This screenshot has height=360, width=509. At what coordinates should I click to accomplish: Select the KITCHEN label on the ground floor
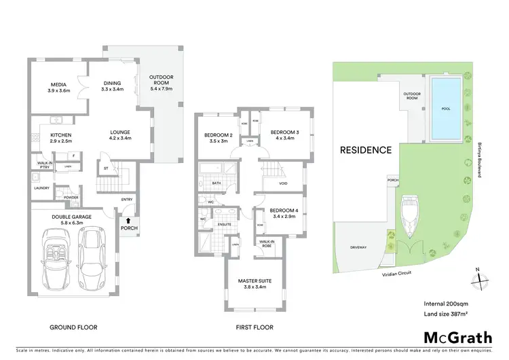[x=60, y=134]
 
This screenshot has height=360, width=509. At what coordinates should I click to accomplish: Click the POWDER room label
[x=71, y=198]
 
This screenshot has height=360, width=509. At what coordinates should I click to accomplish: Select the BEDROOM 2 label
[x=218, y=135]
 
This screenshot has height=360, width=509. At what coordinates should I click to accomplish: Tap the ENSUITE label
[x=225, y=223]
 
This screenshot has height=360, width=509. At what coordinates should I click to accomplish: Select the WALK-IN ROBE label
[x=267, y=243]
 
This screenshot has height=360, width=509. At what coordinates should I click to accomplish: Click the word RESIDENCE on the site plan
[x=366, y=150]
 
